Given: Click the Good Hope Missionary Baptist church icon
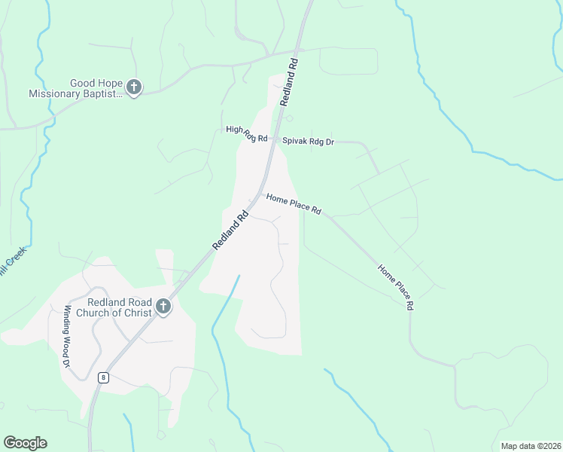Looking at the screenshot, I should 134,88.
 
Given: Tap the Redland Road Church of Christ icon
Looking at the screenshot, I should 163,307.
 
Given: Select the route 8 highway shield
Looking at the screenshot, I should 103,377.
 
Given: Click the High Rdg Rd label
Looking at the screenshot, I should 247,133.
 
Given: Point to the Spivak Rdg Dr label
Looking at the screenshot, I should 308,141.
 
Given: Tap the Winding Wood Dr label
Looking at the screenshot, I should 67,336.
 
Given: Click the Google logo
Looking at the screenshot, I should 25,443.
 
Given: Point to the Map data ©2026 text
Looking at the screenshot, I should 531,446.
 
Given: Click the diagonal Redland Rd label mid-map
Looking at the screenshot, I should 230,229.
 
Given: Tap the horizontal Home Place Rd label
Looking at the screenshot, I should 294,203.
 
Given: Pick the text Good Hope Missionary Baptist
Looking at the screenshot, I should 75,89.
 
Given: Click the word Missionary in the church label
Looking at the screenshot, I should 55,94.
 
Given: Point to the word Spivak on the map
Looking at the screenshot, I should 294,141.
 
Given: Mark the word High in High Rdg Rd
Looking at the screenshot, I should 234,130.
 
